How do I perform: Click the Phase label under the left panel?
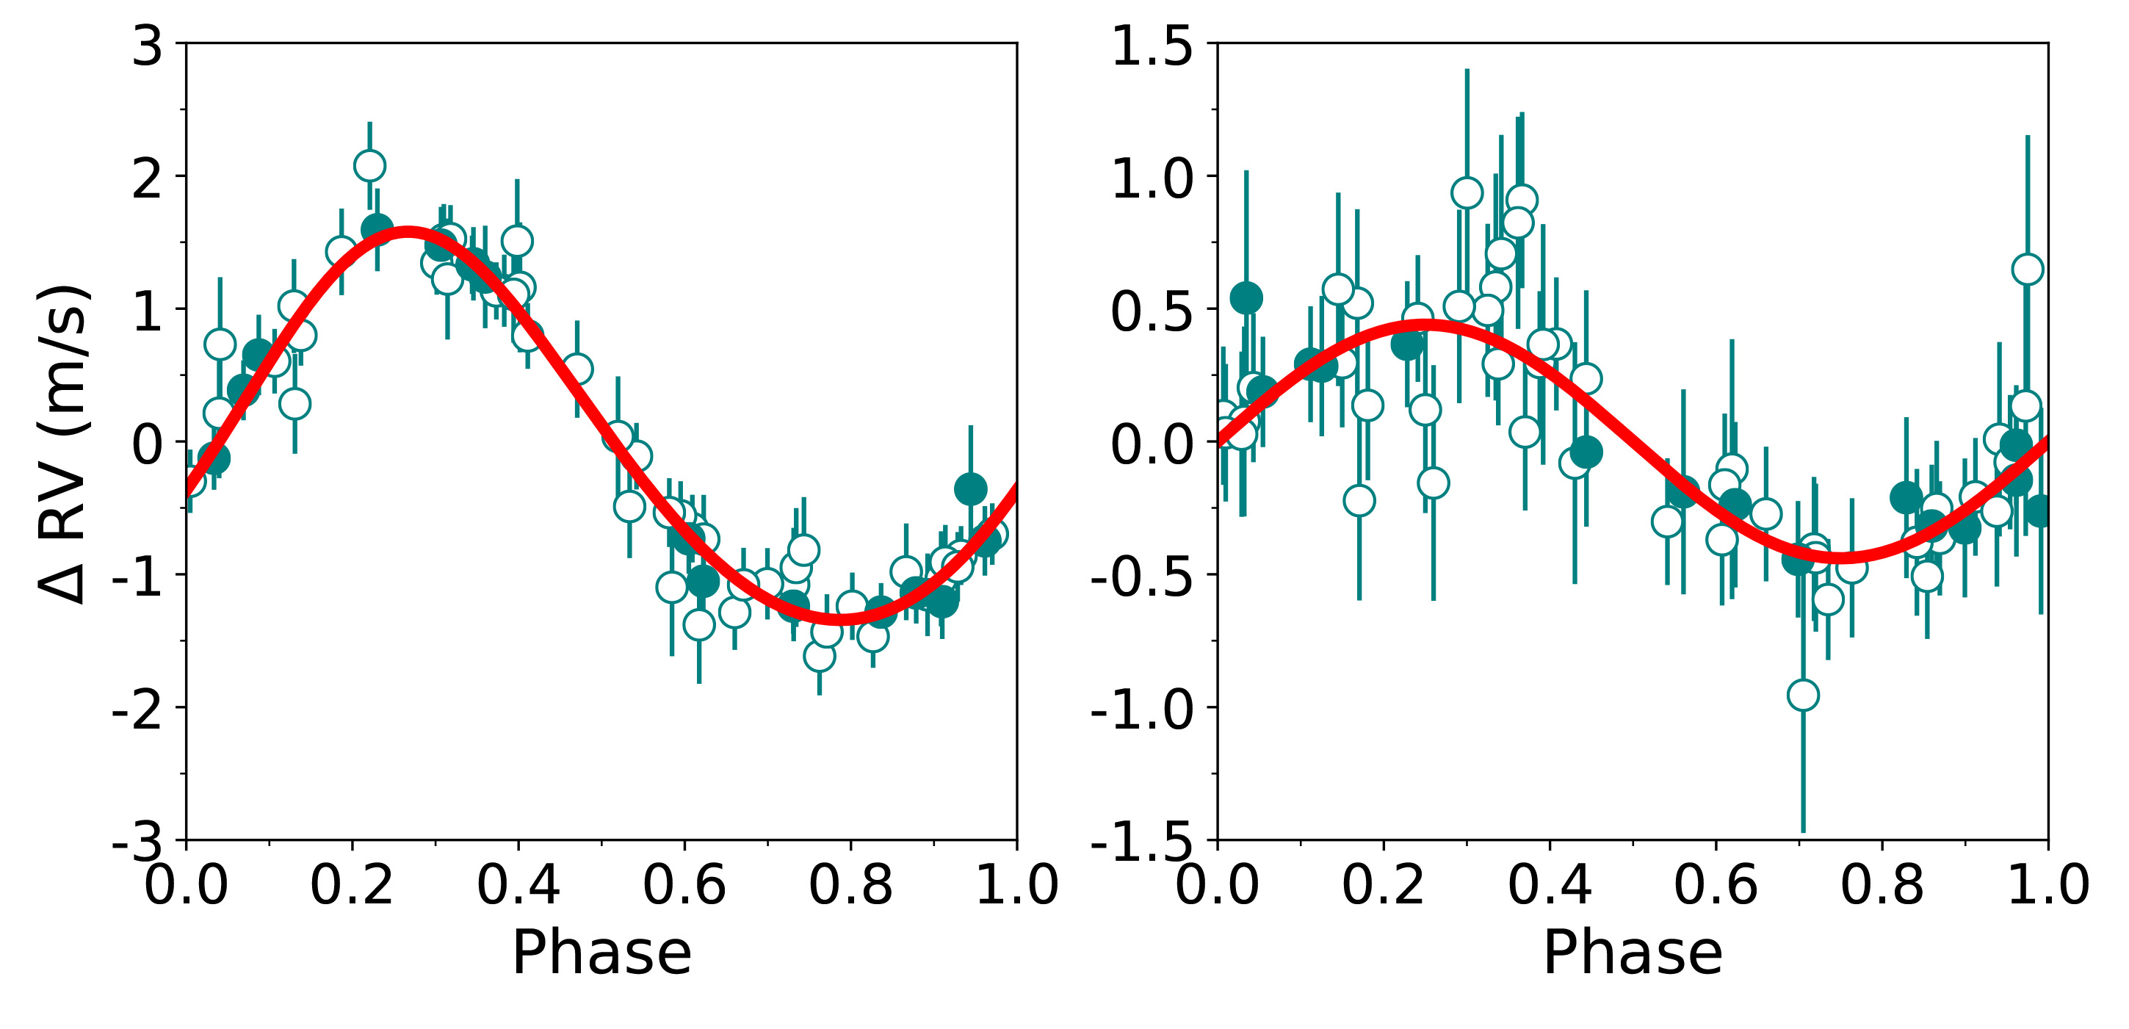pos(601,953)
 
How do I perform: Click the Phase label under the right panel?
pos(1633,953)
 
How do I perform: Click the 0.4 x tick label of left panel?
pos(518,884)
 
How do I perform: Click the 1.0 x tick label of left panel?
pos(1016,884)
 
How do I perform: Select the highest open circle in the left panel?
pos(369,165)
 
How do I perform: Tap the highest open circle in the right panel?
pos(1466,192)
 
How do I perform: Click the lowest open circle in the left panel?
pos(819,656)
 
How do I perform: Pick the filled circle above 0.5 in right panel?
pos(1246,297)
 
